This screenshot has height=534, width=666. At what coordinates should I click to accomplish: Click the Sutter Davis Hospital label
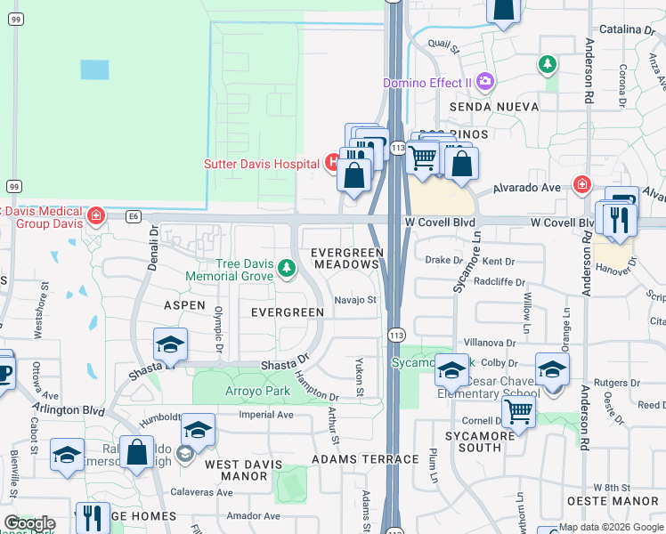pos(262,164)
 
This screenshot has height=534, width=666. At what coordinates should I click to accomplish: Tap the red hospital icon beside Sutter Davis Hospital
pos(332,163)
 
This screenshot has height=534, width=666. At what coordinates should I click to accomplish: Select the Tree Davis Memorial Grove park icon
pos(286,267)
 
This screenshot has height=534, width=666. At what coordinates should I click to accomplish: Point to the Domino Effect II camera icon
pos(484,83)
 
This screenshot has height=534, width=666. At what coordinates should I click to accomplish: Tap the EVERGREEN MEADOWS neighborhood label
pos(346,259)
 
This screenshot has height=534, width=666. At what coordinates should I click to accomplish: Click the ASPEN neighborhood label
pos(184,304)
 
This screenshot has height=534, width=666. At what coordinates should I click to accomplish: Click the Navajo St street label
pos(356,300)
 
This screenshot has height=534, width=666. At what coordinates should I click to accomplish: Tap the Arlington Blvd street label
pos(69,409)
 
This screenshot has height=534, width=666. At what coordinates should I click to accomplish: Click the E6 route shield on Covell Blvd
pos(134,215)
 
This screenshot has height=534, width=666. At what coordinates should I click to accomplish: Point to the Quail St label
pos(442,42)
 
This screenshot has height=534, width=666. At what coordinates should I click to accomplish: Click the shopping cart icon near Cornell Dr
pos(518,411)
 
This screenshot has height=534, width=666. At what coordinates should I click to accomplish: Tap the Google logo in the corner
pos(29,523)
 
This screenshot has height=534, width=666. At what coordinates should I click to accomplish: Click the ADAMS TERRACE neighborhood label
pos(365,459)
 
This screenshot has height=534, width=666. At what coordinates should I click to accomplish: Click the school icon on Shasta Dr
pos(170,344)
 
